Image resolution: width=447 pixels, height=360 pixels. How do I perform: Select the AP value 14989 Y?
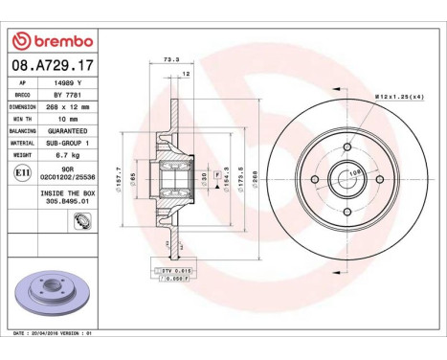click(x=63, y=84)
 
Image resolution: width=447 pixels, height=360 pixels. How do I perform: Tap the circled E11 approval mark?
click(x=22, y=173)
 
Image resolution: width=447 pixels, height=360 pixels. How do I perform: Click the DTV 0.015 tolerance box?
click(x=168, y=271)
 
